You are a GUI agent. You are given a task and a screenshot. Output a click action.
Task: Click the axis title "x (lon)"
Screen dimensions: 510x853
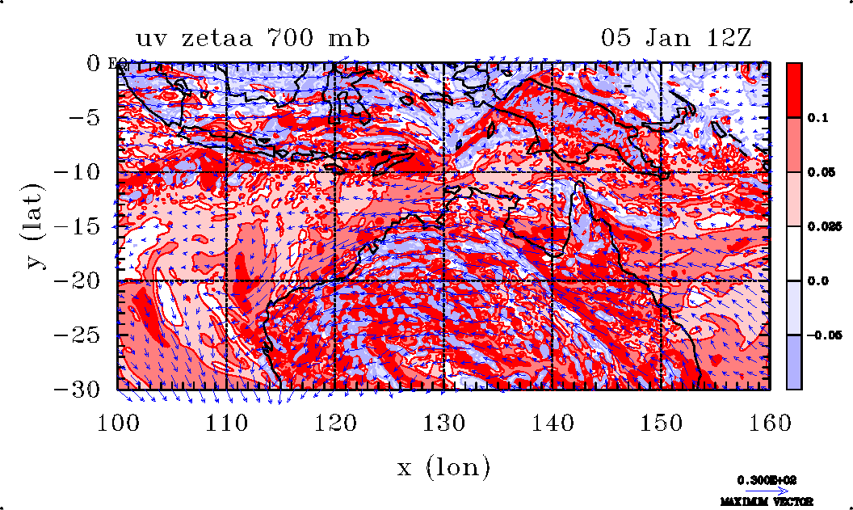click(443, 466)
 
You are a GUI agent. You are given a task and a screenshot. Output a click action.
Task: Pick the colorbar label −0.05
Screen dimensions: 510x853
click(823, 335)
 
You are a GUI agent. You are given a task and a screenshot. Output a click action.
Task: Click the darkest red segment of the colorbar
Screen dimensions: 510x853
click(795, 90)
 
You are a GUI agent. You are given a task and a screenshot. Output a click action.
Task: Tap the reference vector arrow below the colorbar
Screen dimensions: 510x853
click(760, 490)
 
